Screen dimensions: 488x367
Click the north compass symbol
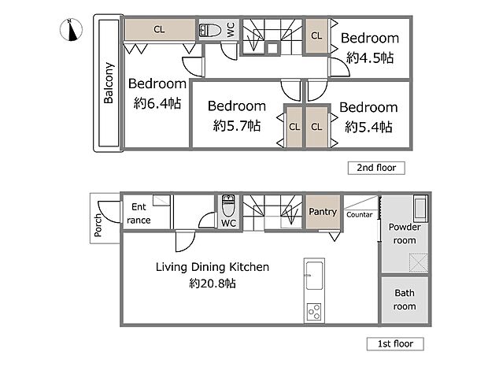point(71,30)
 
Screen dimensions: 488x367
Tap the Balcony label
point(109,83)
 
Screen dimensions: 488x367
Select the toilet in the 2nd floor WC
point(210,30)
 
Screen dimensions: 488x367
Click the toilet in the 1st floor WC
point(228,205)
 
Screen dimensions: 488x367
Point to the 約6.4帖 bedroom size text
point(157,103)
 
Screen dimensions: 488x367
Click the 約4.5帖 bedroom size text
point(370,58)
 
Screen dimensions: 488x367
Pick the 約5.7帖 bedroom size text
point(237,126)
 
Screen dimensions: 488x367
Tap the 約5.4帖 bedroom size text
point(368,127)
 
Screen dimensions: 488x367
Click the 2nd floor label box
point(376,168)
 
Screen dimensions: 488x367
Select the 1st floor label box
point(395,343)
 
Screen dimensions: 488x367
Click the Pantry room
point(323,213)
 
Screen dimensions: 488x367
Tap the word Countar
point(360,214)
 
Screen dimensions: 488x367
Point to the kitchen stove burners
point(314,312)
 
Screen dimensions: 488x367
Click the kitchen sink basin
point(314,276)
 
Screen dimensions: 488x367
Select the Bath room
point(405,299)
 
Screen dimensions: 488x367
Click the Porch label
point(98,225)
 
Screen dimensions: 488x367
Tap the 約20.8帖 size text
point(213,284)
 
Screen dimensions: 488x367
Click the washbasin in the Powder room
point(420,208)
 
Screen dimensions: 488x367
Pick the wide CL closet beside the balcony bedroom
point(160,30)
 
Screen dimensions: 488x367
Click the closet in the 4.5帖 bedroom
point(316,35)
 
